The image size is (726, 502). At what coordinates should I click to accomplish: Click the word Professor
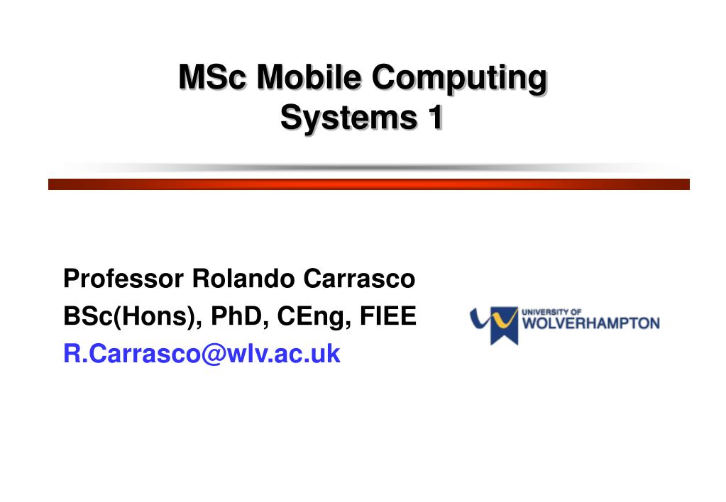(123, 279)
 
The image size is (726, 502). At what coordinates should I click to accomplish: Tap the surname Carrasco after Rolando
(359, 279)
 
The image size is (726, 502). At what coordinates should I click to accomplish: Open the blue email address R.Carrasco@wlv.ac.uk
(202, 353)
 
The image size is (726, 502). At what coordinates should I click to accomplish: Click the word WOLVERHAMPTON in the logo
(590, 324)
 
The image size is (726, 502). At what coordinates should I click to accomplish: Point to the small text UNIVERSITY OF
(551, 311)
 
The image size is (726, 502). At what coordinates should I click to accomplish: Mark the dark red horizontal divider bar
(369, 184)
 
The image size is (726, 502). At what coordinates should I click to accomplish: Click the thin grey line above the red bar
(369, 168)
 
